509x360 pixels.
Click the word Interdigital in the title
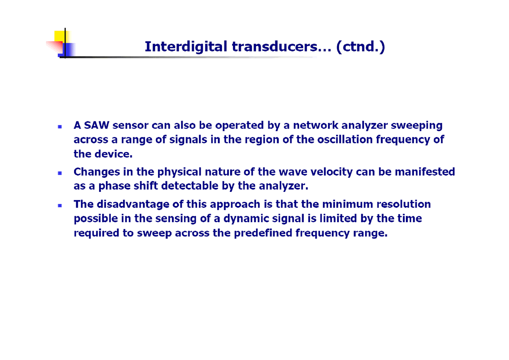[186, 47]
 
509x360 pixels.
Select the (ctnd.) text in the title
[361, 47]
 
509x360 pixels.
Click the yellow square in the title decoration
[60, 36]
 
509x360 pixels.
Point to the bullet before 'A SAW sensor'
[60, 127]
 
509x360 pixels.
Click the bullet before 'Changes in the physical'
[60, 173]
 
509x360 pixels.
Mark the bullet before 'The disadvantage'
[60, 206]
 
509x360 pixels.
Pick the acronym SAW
[97, 125]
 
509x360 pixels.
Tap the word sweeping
[417, 125]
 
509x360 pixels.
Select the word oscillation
[345, 139]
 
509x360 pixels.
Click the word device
[113, 154]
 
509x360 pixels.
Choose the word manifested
[425, 172]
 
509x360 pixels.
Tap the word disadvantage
[133, 204]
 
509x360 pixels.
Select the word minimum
[348, 204]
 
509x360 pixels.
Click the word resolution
[403, 204]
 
